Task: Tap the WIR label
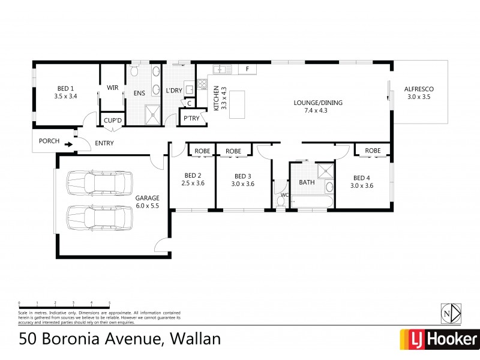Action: (x=112, y=88)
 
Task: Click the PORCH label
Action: (x=49, y=142)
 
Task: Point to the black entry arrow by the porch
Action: (x=70, y=144)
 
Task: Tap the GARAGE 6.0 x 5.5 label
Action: (x=148, y=200)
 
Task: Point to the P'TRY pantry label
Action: (x=191, y=118)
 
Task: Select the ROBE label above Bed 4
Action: (x=373, y=150)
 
